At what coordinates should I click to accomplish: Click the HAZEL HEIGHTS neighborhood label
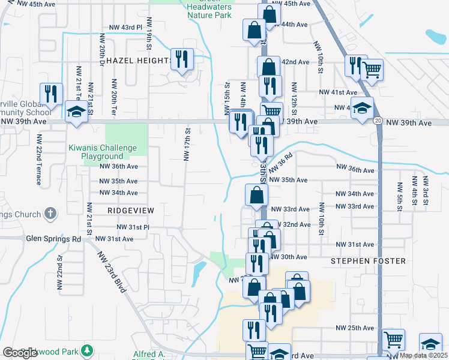tap(139, 61)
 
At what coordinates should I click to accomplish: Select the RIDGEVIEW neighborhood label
tap(131, 211)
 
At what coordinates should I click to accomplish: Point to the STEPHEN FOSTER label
tap(367, 261)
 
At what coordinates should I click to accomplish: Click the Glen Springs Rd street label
tap(53, 238)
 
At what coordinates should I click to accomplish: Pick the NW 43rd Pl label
tap(125, 28)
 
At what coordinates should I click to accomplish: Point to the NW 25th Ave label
tap(355, 328)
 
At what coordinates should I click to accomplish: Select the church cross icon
tap(50, 213)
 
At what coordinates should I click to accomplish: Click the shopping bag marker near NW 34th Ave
tap(256, 195)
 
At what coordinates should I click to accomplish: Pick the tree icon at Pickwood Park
tap(88, 349)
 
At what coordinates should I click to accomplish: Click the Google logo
tap(20, 353)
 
